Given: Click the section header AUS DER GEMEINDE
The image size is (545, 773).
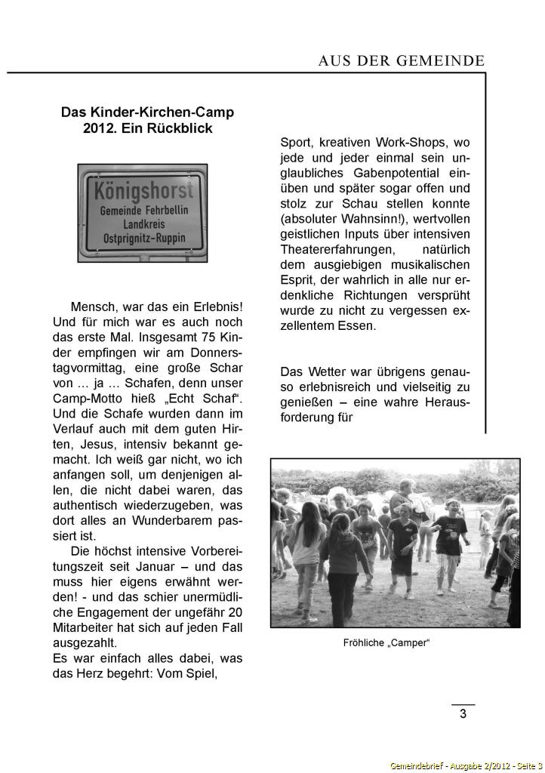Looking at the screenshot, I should tap(401, 62).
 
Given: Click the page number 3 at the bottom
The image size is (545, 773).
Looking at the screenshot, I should tap(463, 715).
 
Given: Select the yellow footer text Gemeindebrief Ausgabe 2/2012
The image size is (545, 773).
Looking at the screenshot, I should tap(466, 765).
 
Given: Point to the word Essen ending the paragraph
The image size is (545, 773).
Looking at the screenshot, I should tap(357, 326).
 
